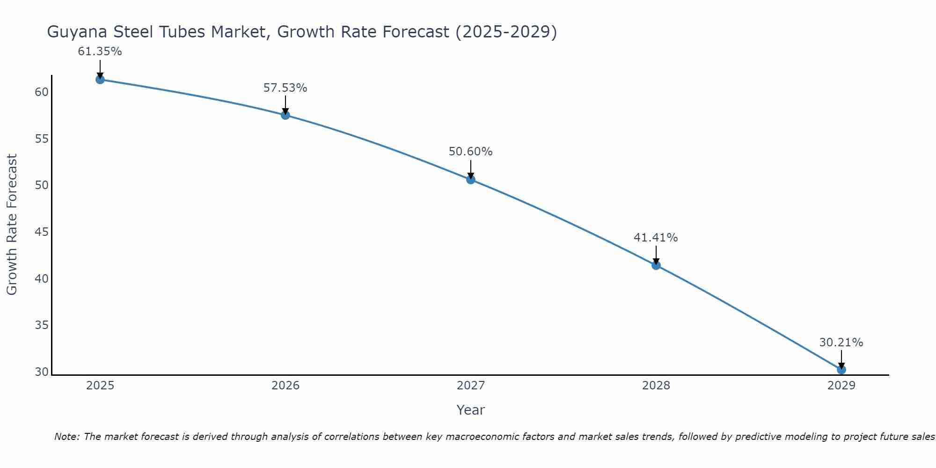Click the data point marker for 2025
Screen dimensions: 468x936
click(100, 80)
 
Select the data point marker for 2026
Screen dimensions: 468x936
click(285, 115)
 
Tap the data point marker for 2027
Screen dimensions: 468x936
click(471, 180)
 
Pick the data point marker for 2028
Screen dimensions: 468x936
click(656, 265)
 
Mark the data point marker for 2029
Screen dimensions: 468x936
click(841, 370)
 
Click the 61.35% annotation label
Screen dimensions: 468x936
click(100, 52)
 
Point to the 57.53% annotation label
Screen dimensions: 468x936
click(285, 88)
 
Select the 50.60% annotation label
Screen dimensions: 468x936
click(471, 152)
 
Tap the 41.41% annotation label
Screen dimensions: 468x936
click(656, 238)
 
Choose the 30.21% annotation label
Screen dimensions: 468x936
click(841, 343)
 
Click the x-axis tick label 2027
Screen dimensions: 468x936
click(471, 386)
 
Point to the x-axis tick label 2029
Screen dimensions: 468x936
click(841, 386)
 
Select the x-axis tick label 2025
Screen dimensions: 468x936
click(100, 386)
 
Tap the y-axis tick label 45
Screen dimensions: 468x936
click(42, 232)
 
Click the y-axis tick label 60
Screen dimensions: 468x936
click(42, 92)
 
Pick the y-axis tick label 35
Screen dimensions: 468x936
click(42, 325)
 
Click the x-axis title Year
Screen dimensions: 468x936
click(471, 410)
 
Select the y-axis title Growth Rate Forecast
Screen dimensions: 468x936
click(12, 225)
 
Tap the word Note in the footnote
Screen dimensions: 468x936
click(67, 437)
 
